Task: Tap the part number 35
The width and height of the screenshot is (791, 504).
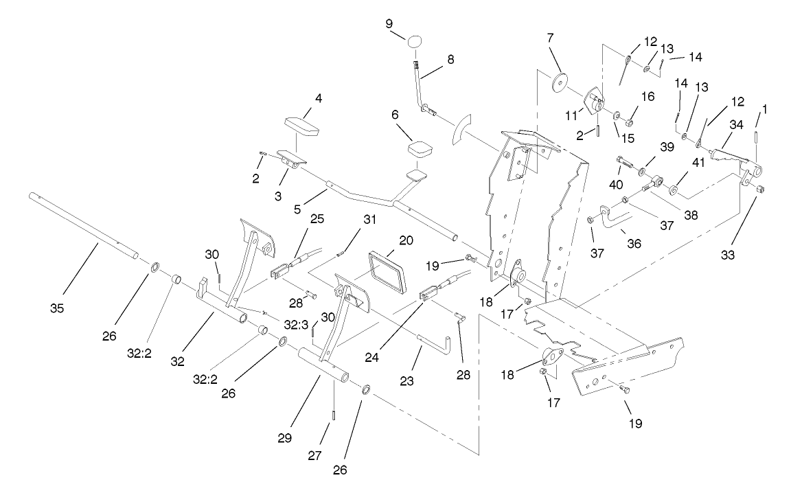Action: click(57, 308)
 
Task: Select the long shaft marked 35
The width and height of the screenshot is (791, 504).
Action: click(82, 226)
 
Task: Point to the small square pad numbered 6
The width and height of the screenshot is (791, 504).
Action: click(420, 149)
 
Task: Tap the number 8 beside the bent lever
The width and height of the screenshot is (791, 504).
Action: click(450, 59)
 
